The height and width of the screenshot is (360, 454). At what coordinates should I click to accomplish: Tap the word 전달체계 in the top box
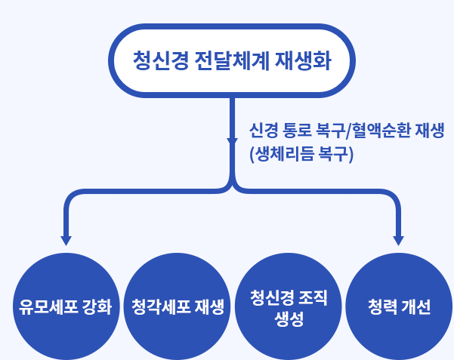pyautogui.click(x=232, y=61)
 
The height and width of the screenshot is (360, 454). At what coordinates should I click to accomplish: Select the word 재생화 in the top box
pyautogui.click(x=303, y=61)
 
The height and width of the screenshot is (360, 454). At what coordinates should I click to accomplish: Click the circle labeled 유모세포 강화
pyautogui.click(x=66, y=306)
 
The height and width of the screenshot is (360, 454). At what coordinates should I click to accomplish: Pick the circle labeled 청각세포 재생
pyautogui.click(x=178, y=306)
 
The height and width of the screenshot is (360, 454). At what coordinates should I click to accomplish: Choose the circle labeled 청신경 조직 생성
pyautogui.click(x=289, y=306)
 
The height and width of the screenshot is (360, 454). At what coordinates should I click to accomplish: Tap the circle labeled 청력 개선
pyautogui.click(x=399, y=306)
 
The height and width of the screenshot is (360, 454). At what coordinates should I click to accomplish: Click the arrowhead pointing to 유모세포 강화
pyautogui.click(x=66, y=241)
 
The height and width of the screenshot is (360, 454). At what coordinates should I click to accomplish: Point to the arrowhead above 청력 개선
pyautogui.click(x=398, y=241)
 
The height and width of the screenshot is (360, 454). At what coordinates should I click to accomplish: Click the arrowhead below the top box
pyautogui.click(x=232, y=143)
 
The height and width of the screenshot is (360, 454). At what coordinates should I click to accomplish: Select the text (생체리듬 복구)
pyautogui.click(x=301, y=154)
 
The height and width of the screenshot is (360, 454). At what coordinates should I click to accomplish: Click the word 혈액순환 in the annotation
pyautogui.click(x=381, y=131)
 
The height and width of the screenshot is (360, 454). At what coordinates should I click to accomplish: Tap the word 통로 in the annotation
pyautogui.click(x=297, y=131)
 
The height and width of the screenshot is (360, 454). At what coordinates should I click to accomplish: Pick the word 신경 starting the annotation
pyautogui.click(x=263, y=131)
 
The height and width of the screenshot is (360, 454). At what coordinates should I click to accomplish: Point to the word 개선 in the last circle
pyautogui.click(x=416, y=306)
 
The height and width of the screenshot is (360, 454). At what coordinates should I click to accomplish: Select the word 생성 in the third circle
pyautogui.click(x=289, y=319)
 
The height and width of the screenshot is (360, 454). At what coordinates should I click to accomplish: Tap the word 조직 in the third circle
pyautogui.click(x=313, y=297)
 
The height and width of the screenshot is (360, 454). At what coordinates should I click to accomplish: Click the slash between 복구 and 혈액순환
pyautogui.click(x=349, y=131)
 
